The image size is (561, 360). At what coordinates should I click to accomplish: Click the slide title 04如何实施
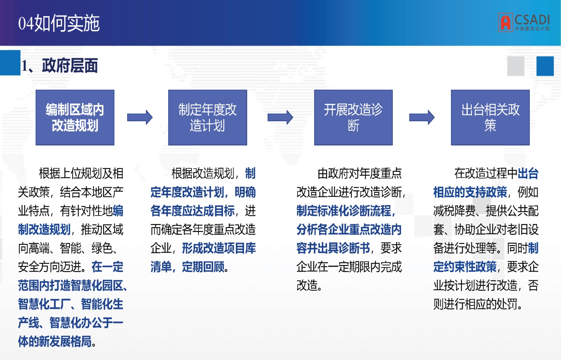click(59, 23)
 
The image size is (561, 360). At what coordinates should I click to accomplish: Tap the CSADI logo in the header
click(524, 22)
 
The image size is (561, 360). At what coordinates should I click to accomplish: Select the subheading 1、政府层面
click(59, 66)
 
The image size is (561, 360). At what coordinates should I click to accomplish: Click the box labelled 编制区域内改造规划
click(75, 117)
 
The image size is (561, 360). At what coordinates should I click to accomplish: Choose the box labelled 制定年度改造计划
click(207, 117)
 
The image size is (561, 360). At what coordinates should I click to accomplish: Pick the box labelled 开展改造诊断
click(353, 117)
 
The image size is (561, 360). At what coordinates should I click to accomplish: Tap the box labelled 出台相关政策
click(490, 117)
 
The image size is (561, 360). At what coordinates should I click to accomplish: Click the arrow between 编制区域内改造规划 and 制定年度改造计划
click(140, 117)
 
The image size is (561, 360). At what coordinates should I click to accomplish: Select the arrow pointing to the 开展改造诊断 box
click(280, 117)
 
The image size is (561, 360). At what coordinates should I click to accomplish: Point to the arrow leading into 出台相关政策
click(422, 117)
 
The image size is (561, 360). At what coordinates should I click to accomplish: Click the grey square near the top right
click(516, 66)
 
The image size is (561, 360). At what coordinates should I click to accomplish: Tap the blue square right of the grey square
click(545, 66)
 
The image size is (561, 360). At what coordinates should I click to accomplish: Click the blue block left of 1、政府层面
click(10, 63)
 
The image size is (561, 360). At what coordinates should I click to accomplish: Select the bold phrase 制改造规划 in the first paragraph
click(44, 229)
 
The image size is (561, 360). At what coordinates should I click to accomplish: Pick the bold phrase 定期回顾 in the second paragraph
click(203, 267)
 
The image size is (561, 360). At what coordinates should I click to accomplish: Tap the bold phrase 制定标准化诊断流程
click(344, 211)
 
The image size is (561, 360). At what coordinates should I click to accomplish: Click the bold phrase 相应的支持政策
click(470, 192)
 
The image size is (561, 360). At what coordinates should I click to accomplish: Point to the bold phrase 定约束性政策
click(465, 267)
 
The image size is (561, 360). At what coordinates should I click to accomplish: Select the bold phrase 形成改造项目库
click(219, 248)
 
